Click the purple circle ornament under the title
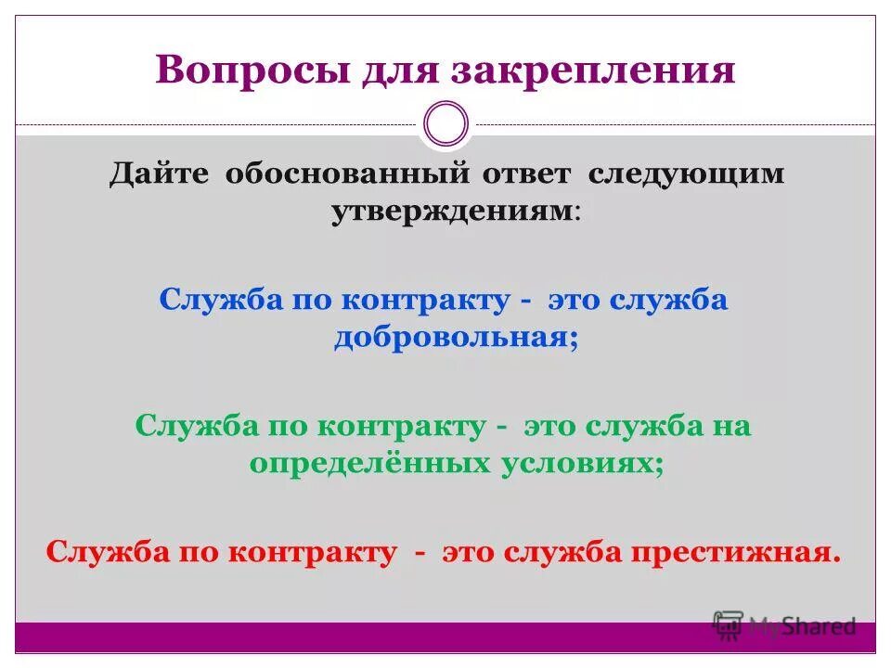[445, 123]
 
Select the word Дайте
[160, 174]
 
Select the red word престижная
[736, 553]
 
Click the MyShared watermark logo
[785, 626]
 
